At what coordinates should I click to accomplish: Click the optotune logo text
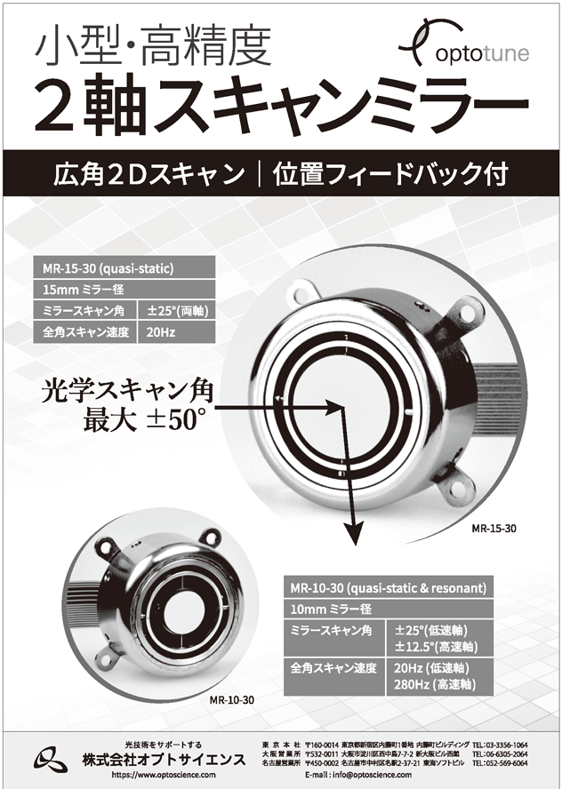pos(482,53)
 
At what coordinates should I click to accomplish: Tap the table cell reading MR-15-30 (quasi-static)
pos(124,267)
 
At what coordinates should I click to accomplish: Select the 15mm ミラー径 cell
pos(124,290)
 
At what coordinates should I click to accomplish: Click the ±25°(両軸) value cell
pos(177,310)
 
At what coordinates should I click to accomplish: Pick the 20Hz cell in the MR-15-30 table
pos(177,332)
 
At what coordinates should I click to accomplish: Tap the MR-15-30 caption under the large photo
pos(494,529)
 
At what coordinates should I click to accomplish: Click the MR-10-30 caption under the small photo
pos(232,700)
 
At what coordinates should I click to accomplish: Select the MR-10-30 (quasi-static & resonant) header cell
pos(389,587)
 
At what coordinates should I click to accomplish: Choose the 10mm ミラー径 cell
pos(389,610)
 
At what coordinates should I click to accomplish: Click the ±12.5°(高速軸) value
pos(436,647)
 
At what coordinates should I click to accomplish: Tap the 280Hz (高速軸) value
pos(435,684)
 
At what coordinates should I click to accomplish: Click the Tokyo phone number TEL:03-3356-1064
pos(500,745)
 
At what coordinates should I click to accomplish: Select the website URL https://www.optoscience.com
pos(164,775)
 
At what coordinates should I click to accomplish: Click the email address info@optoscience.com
pos(372,775)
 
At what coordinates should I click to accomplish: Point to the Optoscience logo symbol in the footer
pos(51,760)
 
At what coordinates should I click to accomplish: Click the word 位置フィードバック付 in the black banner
pos(390,173)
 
